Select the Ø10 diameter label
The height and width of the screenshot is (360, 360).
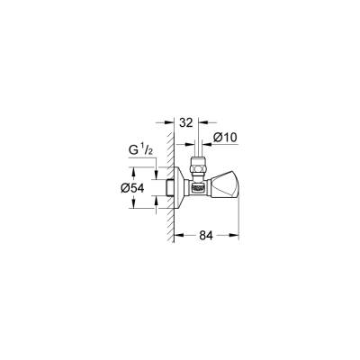(224, 137)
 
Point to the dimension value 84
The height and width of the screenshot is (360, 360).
(205, 237)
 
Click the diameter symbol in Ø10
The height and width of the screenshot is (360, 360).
(217, 137)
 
